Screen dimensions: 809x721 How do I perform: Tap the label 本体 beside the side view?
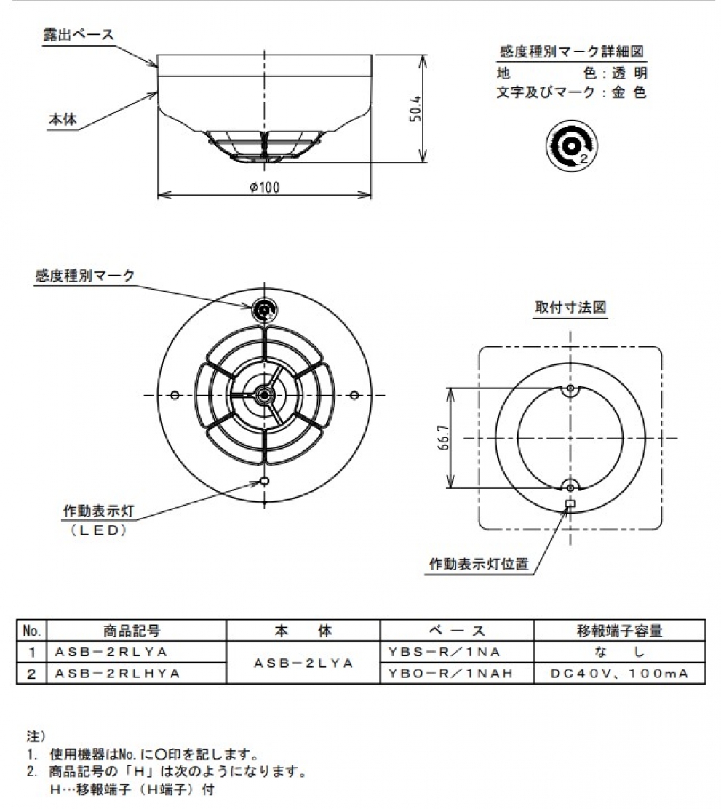pos(62,120)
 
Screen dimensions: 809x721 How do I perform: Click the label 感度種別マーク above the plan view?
pos(85,275)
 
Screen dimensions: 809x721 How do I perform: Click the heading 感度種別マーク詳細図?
pos(572,52)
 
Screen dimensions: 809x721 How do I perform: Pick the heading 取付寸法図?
pos(570,307)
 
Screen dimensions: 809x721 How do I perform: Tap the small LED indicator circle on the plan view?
pos(265,481)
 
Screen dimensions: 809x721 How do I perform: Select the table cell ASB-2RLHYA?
pos(117,674)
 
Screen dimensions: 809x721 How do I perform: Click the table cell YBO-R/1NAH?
pos(447,674)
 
